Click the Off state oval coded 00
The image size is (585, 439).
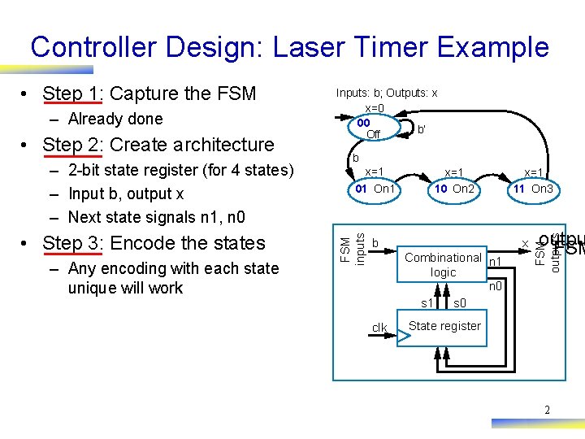click(x=370, y=128)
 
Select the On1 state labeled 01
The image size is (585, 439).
click(x=374, y=189)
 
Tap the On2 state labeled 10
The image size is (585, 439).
click(x=454, y=189)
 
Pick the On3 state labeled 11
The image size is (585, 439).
click(x=533, y=189)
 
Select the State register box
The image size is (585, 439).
click(x=444, y=327)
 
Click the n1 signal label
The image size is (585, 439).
click(x=496, y=262)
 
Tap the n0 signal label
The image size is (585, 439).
click(x=496, y=287)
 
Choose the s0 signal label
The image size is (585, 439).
click(x=459, y=304)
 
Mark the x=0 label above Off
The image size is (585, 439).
click(x=375, y=109)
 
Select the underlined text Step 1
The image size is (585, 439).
click(x=71, y=94)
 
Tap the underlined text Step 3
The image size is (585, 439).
click(x=71, y=243)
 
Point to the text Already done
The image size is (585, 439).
click(x=115, y=120)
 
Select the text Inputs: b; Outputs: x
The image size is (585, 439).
click(x=387, y=93)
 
